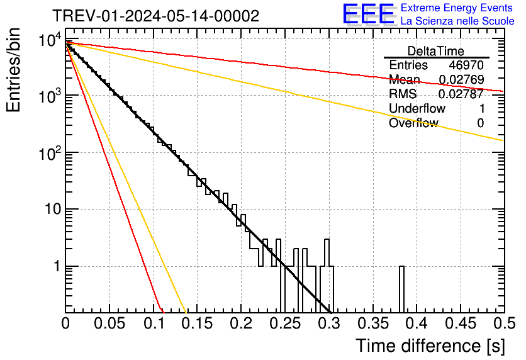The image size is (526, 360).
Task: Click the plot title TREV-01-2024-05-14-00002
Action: (155, 16)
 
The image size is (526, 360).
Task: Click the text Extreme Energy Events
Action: (457, 8)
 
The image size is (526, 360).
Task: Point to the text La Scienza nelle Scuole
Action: (457, 21)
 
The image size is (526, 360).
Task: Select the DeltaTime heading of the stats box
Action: (436, 51)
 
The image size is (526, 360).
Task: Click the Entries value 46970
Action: (466, 65)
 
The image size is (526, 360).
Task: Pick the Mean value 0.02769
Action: (462, 80)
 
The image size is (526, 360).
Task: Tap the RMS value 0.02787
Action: (462, 94)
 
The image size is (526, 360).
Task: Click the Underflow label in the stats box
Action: (417, 109)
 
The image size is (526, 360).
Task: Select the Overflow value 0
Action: (480, 123)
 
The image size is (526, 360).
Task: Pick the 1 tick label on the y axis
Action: (55, 267)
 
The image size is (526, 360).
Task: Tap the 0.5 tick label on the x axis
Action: (502, 324)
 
